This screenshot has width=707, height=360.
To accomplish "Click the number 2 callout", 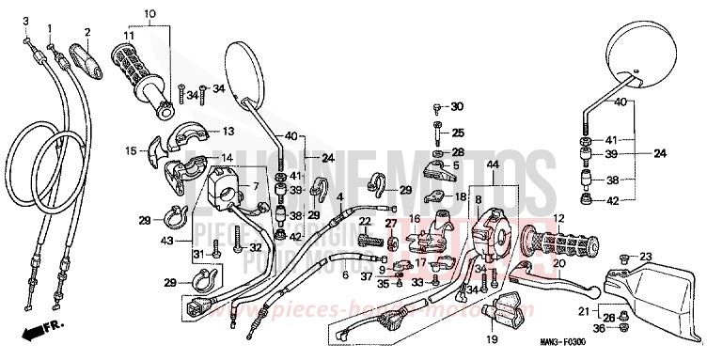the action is (x=86, y=33).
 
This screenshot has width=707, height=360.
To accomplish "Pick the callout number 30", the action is (x=457, y=106).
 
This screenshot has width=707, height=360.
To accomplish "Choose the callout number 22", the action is (x=363, y=221).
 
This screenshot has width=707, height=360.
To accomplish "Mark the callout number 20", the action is (x=558, y=263).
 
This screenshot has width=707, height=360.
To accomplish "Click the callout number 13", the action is (x=228, y=132).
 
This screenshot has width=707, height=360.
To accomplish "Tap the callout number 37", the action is (x=367, y=276).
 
